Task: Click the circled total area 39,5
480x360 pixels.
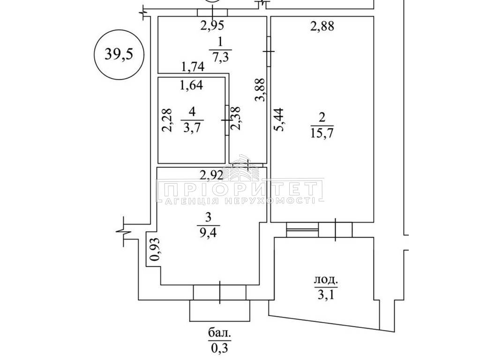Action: coord(119,54)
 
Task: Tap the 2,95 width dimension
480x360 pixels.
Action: coord(212,25)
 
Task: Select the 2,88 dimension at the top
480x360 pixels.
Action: coord(322,26)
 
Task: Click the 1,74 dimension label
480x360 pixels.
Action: coord(193,67)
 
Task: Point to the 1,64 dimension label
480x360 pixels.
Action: coord(191,85)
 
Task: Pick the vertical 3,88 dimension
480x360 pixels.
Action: coord(260,90)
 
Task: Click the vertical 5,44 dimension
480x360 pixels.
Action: coord(279,120)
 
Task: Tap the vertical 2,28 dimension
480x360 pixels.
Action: coord(167,120)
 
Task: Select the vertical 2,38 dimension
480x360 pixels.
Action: coord(235,118)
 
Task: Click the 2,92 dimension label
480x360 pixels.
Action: coord(211,175)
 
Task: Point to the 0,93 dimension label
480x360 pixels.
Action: coord(156,249)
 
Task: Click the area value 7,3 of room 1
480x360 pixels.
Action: coord(220,57)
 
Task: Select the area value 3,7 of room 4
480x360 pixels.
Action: coord(192,127)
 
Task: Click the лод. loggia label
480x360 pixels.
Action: coord(326,280)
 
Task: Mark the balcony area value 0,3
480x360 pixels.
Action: coord(219,348)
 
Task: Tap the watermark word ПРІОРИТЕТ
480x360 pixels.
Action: coord(240,189)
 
